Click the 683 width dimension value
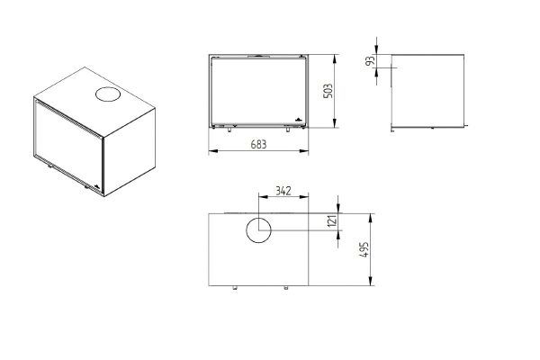coord(258,144)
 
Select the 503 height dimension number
coord(328,91)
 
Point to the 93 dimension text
coord(370,61)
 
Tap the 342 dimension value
coord(283,191)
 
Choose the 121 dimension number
coord(331,220)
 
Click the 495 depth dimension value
coord(364,249)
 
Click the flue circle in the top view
coord(258,230)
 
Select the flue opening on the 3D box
coord(108,94)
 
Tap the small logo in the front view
coord(298,119)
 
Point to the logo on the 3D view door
coord(97,186)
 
